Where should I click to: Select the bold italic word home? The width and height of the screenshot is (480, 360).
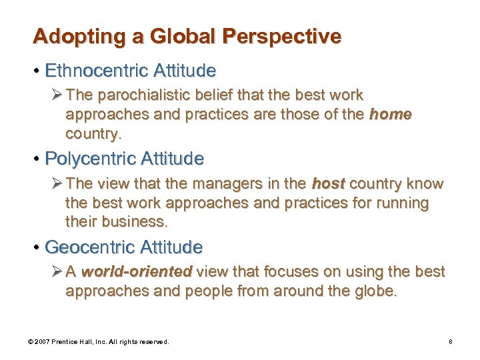[x=390, y=114]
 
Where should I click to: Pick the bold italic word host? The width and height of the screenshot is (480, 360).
[x=328, y=183]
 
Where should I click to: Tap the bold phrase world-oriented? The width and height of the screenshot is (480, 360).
[x=137, y=272]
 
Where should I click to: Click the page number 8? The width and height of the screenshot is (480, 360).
[x=451, y=341]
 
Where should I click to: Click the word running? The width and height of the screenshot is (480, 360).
[x=403, y=202]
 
